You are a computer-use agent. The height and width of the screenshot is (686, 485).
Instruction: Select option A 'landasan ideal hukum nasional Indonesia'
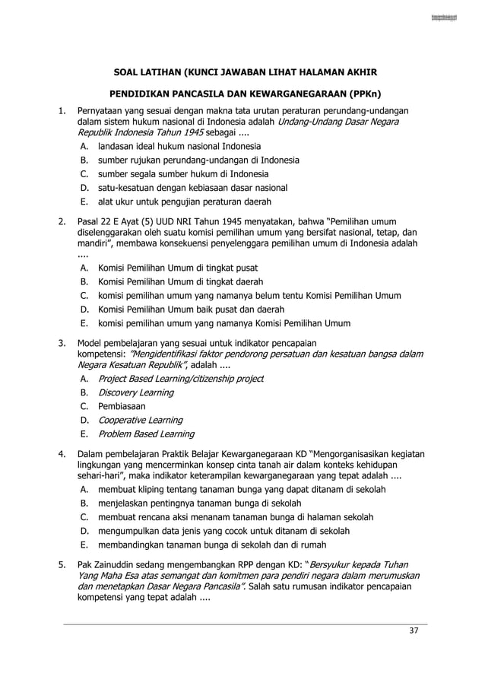pyautogui.click(x=179, y=146)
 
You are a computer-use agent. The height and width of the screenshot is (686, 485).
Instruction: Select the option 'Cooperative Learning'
pyautogui.click(x=140, y=420)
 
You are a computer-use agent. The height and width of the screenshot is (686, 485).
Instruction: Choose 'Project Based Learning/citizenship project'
pyautogui.click(x=181, y=379)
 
